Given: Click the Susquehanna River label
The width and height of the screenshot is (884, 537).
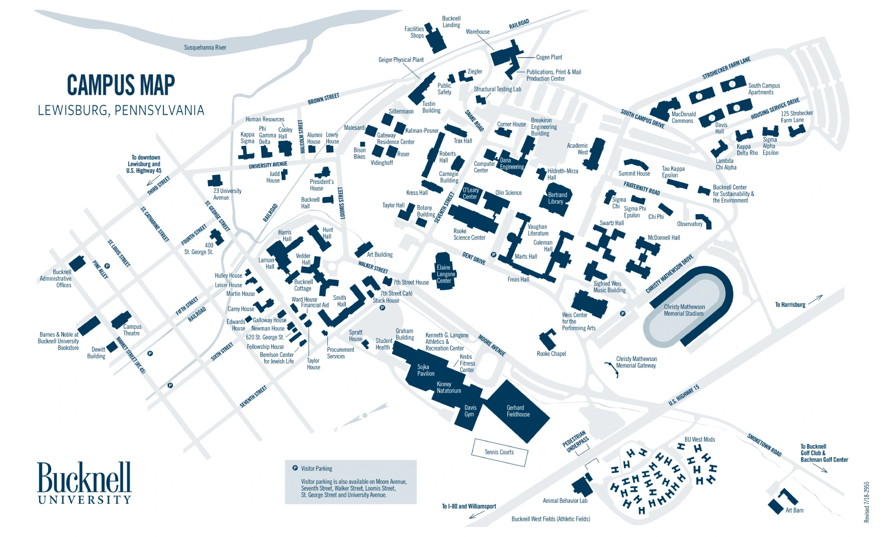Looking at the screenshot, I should (205, 47).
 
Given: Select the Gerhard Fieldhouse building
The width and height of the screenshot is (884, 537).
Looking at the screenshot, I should (518, 411).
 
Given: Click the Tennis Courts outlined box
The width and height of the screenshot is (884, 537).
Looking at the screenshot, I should (500, 452).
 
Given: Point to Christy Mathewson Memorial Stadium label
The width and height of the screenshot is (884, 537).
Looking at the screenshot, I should (684, 310).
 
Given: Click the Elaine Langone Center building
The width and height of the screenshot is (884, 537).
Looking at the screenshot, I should (444, 273).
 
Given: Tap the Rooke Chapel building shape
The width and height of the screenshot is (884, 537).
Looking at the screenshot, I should (547, 339).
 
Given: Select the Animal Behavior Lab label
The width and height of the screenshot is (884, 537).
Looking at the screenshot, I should (565, 501).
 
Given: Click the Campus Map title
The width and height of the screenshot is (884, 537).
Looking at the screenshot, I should (121, 85).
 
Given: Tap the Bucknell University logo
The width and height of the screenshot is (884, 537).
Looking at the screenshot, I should (84, 483).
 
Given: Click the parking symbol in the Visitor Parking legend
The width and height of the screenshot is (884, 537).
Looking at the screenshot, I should (295, 468).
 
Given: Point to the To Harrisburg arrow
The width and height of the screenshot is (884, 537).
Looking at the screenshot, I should (815, 300).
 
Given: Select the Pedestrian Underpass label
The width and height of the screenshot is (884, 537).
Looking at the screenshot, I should (575, 441).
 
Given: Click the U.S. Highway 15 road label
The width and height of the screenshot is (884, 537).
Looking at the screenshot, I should (684, 395).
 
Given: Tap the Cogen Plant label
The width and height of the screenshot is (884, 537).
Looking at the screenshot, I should (549, 57).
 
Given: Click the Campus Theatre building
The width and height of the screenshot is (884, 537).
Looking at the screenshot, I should (121, 320).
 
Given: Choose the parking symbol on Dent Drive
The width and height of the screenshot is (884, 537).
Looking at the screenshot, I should (494, 255).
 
